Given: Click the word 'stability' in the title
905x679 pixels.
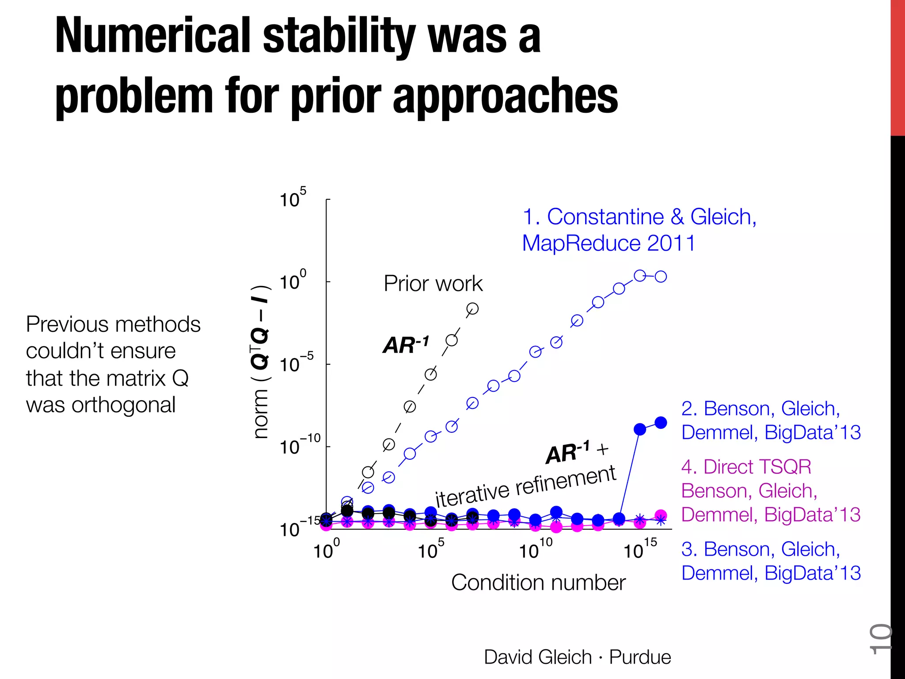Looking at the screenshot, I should pyautogui.click(x=339, y=38).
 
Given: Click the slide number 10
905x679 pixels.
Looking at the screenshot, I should pyautogui.click(x=880, y=639).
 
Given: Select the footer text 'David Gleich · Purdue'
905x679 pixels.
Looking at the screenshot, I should pyautogui.click(x=577, y=657).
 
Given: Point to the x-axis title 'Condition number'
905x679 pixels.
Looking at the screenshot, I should pyautogui.click(x=538, y=583).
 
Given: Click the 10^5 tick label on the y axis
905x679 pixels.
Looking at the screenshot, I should pyautogui.click(x=293, y=199).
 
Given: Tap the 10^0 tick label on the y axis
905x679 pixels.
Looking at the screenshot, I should pyautogui.click(x=293, y=281).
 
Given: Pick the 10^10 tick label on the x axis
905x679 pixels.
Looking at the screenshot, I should pyautogui.click(x=535, y=549).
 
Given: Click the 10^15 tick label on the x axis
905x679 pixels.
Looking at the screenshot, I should pyautogui.click(x=640, y=549).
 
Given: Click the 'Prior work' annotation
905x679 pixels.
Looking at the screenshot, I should pyautogui.click(x=433, y=283).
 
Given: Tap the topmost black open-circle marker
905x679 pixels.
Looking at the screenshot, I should pyautogui.click(x=472, y=309).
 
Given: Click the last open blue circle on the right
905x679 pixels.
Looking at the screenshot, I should pyautogui.click(x=661, y=277).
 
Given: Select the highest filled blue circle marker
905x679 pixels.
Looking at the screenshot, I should pyautogui.click(x=661, y=423).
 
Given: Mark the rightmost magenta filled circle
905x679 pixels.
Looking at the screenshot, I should pyautogui.click(x=661, y=515).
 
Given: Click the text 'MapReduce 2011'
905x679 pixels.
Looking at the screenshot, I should pyautogui.click(x=608, y=243).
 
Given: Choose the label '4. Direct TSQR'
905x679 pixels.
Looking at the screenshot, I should pyautogui.click(x=746, y=467).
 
